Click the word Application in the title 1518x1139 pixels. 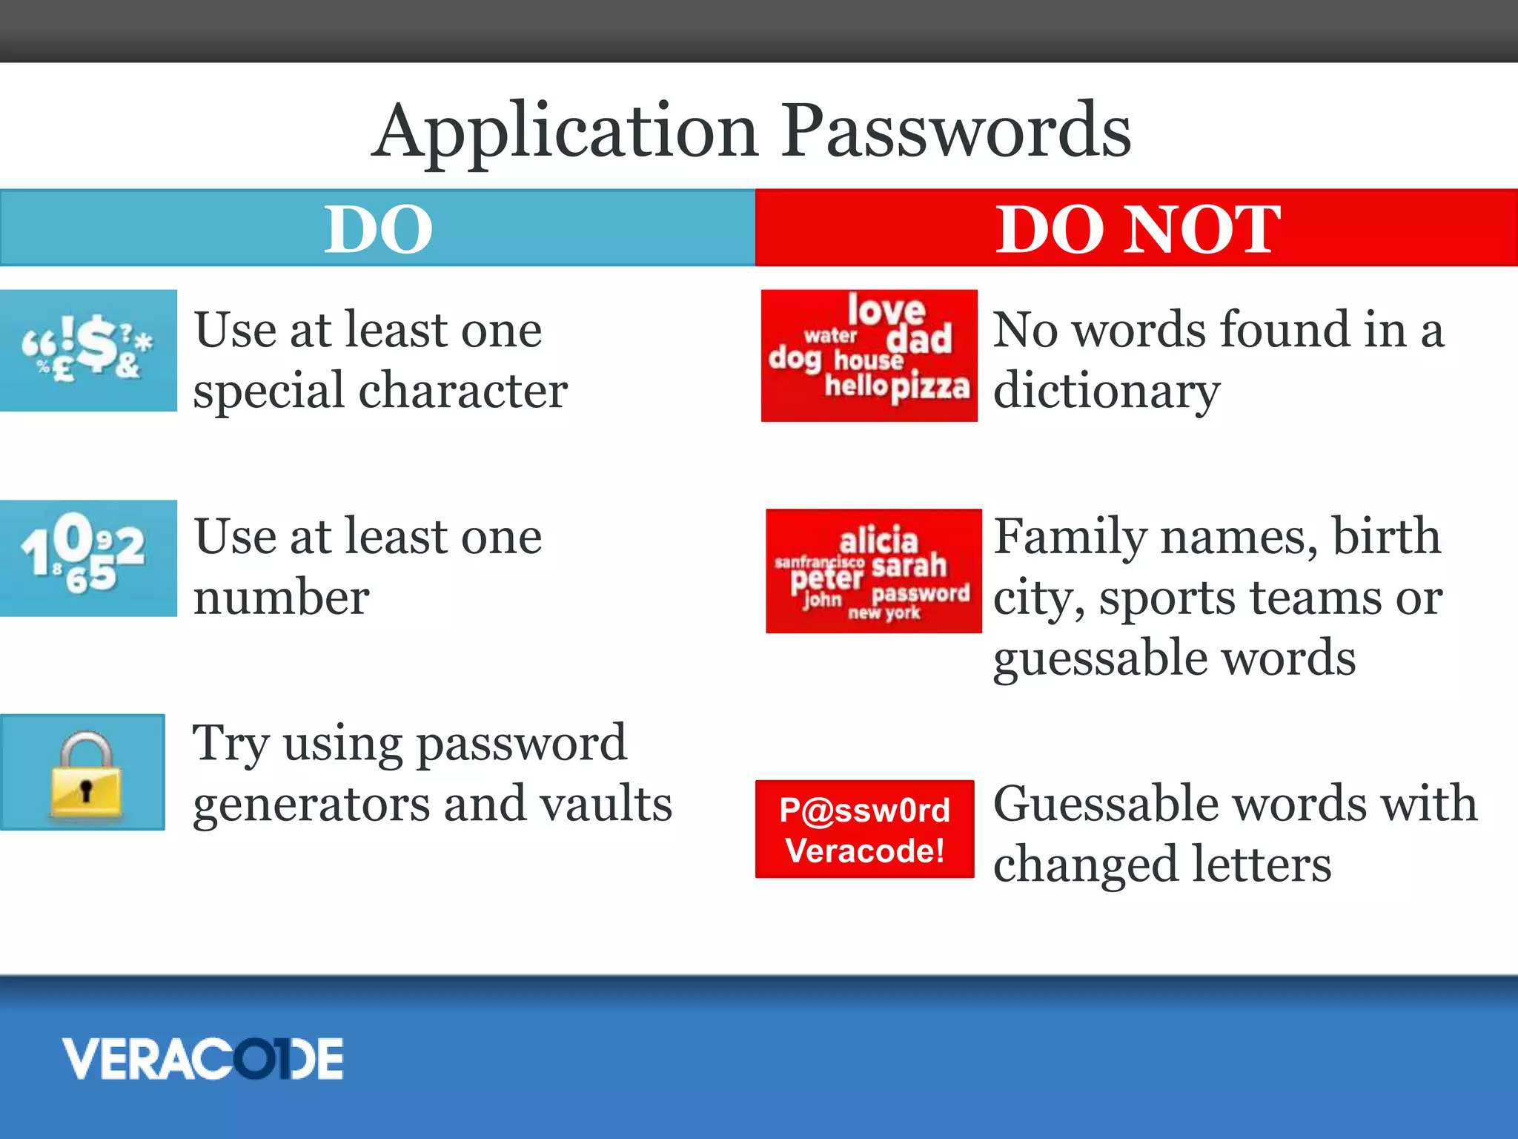(x=565, y=132)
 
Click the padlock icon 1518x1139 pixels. (x=85, y=776)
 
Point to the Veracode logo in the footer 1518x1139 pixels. (x=202, y=1058)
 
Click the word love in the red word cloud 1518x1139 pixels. (x=886, y=310)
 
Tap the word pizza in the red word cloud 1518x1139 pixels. (x=929, y=386)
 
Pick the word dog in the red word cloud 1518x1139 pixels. (x=794, y=359)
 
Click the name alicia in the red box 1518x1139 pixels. (x=878, y=539)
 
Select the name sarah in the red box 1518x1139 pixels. (x=909, y=566)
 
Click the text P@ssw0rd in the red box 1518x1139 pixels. (x=864, y=810)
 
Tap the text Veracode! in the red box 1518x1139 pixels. (x=864, y=851)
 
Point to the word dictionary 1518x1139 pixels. (x=1106, y=392)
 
